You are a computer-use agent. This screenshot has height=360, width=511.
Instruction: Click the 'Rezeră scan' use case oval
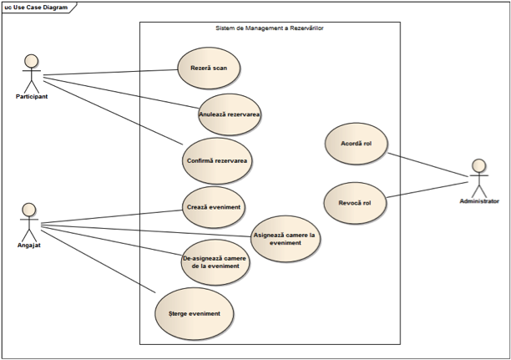pos(209,68)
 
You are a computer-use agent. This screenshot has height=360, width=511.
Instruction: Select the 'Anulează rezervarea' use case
pos(230,114)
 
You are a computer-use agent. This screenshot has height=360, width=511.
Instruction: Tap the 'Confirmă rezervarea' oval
pos(217,160)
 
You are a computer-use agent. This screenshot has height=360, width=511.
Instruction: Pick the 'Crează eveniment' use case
pos(214,207)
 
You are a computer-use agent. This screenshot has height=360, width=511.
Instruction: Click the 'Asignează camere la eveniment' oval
pos(286,239)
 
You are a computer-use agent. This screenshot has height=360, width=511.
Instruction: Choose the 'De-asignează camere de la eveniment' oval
pos(215,262)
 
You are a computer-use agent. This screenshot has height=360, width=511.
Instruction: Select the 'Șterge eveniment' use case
pos(195,314)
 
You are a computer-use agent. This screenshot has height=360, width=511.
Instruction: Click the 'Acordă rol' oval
pos(357,144)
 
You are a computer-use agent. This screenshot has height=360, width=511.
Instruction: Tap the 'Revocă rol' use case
pos(355,203)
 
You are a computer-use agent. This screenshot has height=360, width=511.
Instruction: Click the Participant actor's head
pos(32,61)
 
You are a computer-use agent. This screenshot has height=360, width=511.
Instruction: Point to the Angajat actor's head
pos(29,210)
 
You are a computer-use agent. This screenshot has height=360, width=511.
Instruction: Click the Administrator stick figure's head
pos(479,165)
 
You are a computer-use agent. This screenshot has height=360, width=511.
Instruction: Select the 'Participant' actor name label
pos(32,97)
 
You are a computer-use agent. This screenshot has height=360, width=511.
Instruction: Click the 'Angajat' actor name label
pos(29,246)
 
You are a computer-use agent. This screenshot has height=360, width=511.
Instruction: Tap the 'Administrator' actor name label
pos(479,201)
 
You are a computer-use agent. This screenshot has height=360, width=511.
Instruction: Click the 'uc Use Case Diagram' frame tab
pos(37,8)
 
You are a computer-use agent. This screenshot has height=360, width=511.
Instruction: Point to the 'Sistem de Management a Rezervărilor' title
pos(270,28)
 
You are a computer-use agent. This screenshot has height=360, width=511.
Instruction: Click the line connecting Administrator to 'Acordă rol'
pos(428,165)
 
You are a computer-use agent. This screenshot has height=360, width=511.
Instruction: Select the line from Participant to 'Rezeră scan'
pos(110,73)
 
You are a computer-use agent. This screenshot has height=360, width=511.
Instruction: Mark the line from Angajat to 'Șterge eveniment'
pos(99,261)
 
